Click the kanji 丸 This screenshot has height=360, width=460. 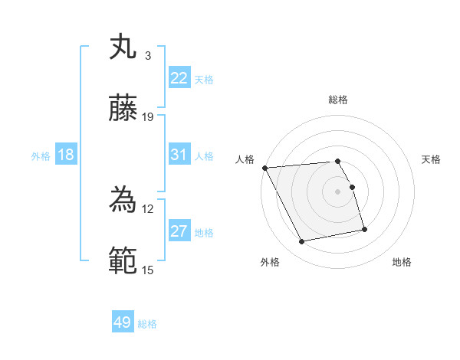pos(123,47)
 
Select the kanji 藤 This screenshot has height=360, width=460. pos(123,108)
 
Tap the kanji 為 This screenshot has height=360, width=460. pos(123,200)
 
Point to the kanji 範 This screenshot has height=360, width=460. pos(123,261)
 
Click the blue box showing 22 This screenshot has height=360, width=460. pos(179,78)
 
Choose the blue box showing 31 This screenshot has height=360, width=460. pos(179,155)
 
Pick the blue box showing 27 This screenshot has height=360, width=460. pos(179,231)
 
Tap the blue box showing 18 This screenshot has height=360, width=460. pos(66,155)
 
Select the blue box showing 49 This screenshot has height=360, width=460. pos(123,322)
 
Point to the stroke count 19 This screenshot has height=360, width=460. pos(149,116)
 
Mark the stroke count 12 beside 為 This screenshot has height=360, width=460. pos(148,208)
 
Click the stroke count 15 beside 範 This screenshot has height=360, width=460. pos(148,270)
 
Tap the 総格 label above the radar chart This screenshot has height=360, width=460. pos(338,100)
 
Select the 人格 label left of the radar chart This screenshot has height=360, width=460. pos(245,159)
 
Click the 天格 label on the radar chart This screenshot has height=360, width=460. pos(431,159)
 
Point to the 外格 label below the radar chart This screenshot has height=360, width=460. pos(270,262)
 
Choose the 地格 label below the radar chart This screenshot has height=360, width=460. pos(402,262)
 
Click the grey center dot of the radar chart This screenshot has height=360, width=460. pos(338,191)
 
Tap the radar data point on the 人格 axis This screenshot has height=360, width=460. pos(264,167)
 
